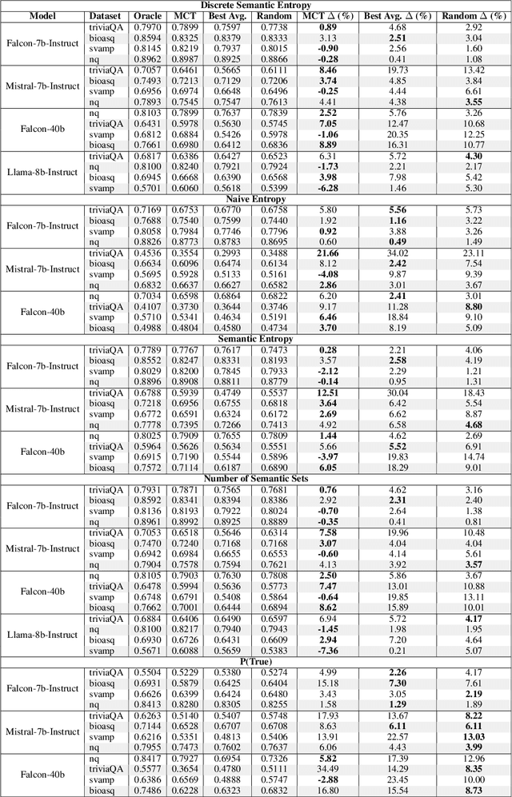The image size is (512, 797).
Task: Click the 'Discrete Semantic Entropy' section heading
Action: pos(256,5)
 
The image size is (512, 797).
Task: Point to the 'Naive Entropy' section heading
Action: pos(256,198)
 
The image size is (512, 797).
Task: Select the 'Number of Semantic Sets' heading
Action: pos(256,477)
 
